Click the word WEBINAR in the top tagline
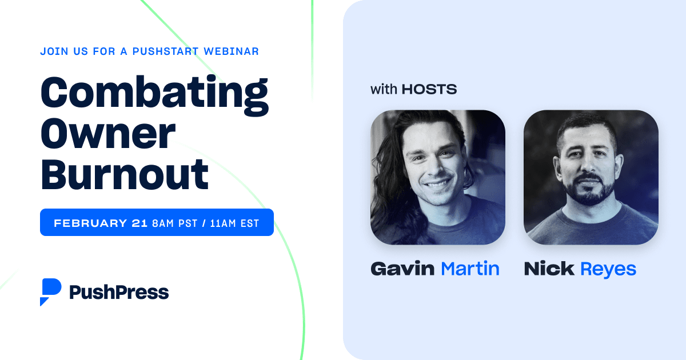(x=231, y=51)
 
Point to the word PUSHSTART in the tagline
(x=165, y=51)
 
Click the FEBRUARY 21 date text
(x=101, y=223)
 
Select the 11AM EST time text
(x=234, y=223)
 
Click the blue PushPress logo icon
(x=50, y=291)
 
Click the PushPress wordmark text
(x=119, y=292)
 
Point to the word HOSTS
(x=429, y=89)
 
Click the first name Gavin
(x=402, y=269)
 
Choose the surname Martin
(x=470, y=269)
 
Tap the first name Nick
(x=549, y=269)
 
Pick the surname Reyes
(x=608, y=269)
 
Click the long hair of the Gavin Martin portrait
(x=384, y=171)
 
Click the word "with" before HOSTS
(x=384, y=89)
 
